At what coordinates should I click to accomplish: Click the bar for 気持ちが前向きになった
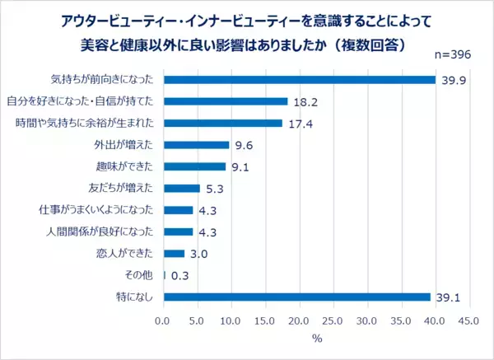coord(300,80)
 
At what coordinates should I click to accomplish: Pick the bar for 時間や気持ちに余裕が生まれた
coord(223,124)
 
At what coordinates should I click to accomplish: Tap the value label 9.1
coord(240,167)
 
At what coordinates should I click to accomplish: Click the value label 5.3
coord(215,189)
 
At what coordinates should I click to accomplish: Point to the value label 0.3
coord(180,276)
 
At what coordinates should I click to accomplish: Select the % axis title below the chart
coord(316,338)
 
